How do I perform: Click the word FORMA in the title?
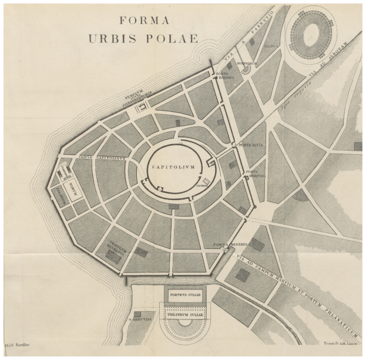click(144, 19)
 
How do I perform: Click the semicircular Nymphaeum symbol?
click(246, 69)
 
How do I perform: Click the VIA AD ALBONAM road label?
click(326, 65)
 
